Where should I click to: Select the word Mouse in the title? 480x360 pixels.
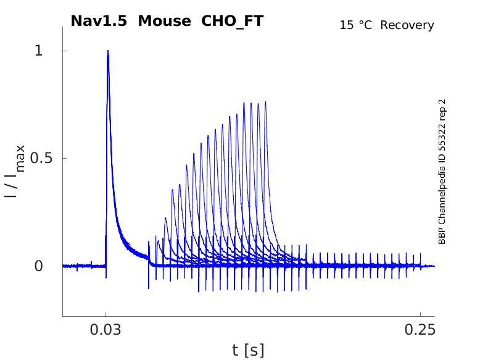click(165, 21)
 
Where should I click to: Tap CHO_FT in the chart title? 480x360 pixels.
click(232, 21)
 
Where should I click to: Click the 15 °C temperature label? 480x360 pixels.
click(357, 25)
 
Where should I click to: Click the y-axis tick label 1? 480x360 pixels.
click(38, 51)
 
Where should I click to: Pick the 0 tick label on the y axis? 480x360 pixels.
click(38, 266)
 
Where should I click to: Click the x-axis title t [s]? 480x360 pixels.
click(248, 350)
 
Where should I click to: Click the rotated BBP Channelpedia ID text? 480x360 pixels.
click(442, 172)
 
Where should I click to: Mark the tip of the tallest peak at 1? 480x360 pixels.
click(108, 51)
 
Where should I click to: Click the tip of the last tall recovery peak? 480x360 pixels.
click(266, 102)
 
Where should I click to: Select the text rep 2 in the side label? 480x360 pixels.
click(442, 111)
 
